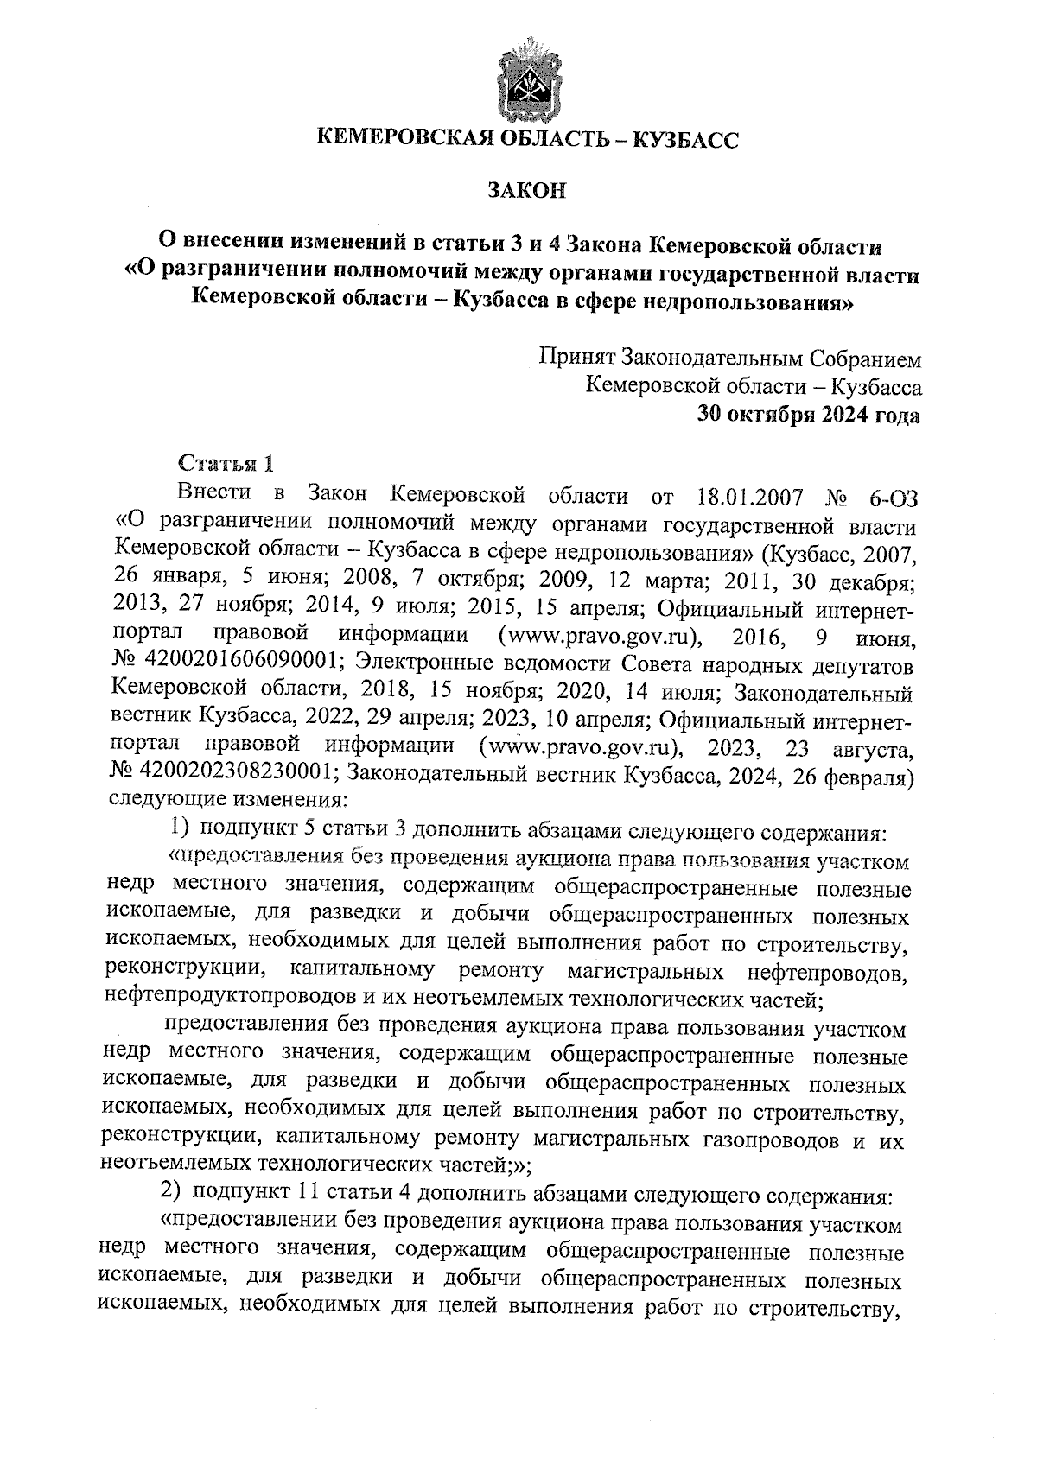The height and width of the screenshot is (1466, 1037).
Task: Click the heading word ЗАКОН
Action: click(526, 190)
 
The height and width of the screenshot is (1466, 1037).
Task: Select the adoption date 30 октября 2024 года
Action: click(810, 416)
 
